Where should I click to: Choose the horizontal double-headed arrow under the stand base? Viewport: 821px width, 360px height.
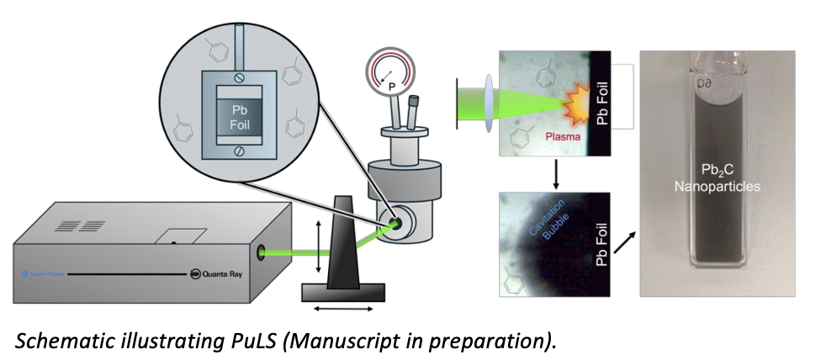(342, 310)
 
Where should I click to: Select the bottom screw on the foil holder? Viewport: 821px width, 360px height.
(240, 151)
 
